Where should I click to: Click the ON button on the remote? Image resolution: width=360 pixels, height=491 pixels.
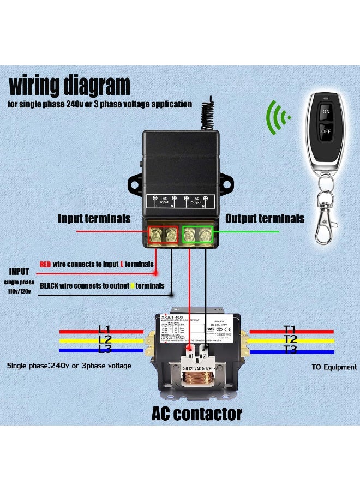pyautogui.click(x=326, y=111)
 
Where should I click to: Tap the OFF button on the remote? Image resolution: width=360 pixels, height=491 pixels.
pyautogui.click(x=326, y=131)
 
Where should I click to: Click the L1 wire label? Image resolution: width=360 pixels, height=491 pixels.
pyautogui.click(x=104, y=329)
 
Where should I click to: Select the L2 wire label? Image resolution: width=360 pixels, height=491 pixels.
pyautogui.click(x=104, y=339)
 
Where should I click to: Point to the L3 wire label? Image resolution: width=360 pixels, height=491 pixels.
pyautogui.click(x=104, y=350)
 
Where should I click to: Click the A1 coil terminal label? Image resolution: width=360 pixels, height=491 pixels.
pyautogui.click(x=190, y=355)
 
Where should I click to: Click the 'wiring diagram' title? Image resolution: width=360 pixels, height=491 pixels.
pyautogui.click(x=70, y=86)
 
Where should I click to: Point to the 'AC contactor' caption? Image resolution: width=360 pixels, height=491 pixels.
pyautogui.click(x=196, y=414)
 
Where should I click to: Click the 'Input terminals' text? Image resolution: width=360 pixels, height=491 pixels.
pyautogui.click(x=94, y=219)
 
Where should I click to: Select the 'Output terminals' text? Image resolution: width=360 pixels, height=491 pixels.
pyautogui.click(x=265, y=219)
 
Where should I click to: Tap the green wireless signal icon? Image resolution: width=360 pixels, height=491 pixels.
pyautogui.click(x=278, y=115)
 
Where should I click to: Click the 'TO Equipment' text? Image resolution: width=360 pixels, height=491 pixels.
pyautogui.click(x=334, y=367)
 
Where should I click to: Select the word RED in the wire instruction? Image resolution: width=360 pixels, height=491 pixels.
pyautogui.click(x=46, y=264)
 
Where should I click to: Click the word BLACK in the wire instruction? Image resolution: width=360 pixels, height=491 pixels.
pyautogui.click(x=50, y=285)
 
